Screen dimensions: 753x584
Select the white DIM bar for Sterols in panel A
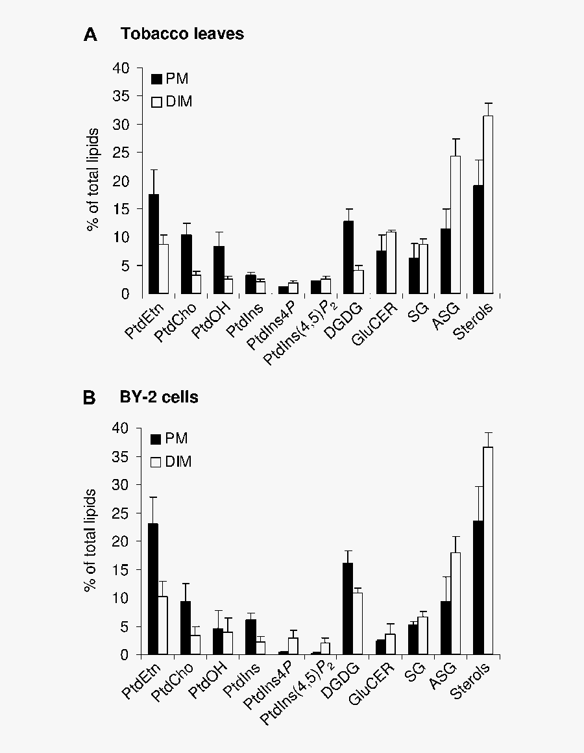coord(488,205)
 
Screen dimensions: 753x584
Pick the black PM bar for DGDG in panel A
coord(348,258)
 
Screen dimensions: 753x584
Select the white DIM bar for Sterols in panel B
coord(487,550)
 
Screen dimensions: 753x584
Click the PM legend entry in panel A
coord(170,79)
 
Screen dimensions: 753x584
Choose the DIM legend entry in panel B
coord(171,462)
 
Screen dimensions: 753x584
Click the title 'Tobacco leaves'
coord(182,34)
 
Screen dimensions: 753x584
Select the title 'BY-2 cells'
coord(159,397)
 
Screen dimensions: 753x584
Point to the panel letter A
coord(90,36)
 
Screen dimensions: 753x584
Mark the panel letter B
coord(90,398)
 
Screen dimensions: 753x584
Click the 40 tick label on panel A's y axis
coord(121,68)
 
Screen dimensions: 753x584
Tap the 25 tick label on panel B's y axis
coord(121,513)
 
